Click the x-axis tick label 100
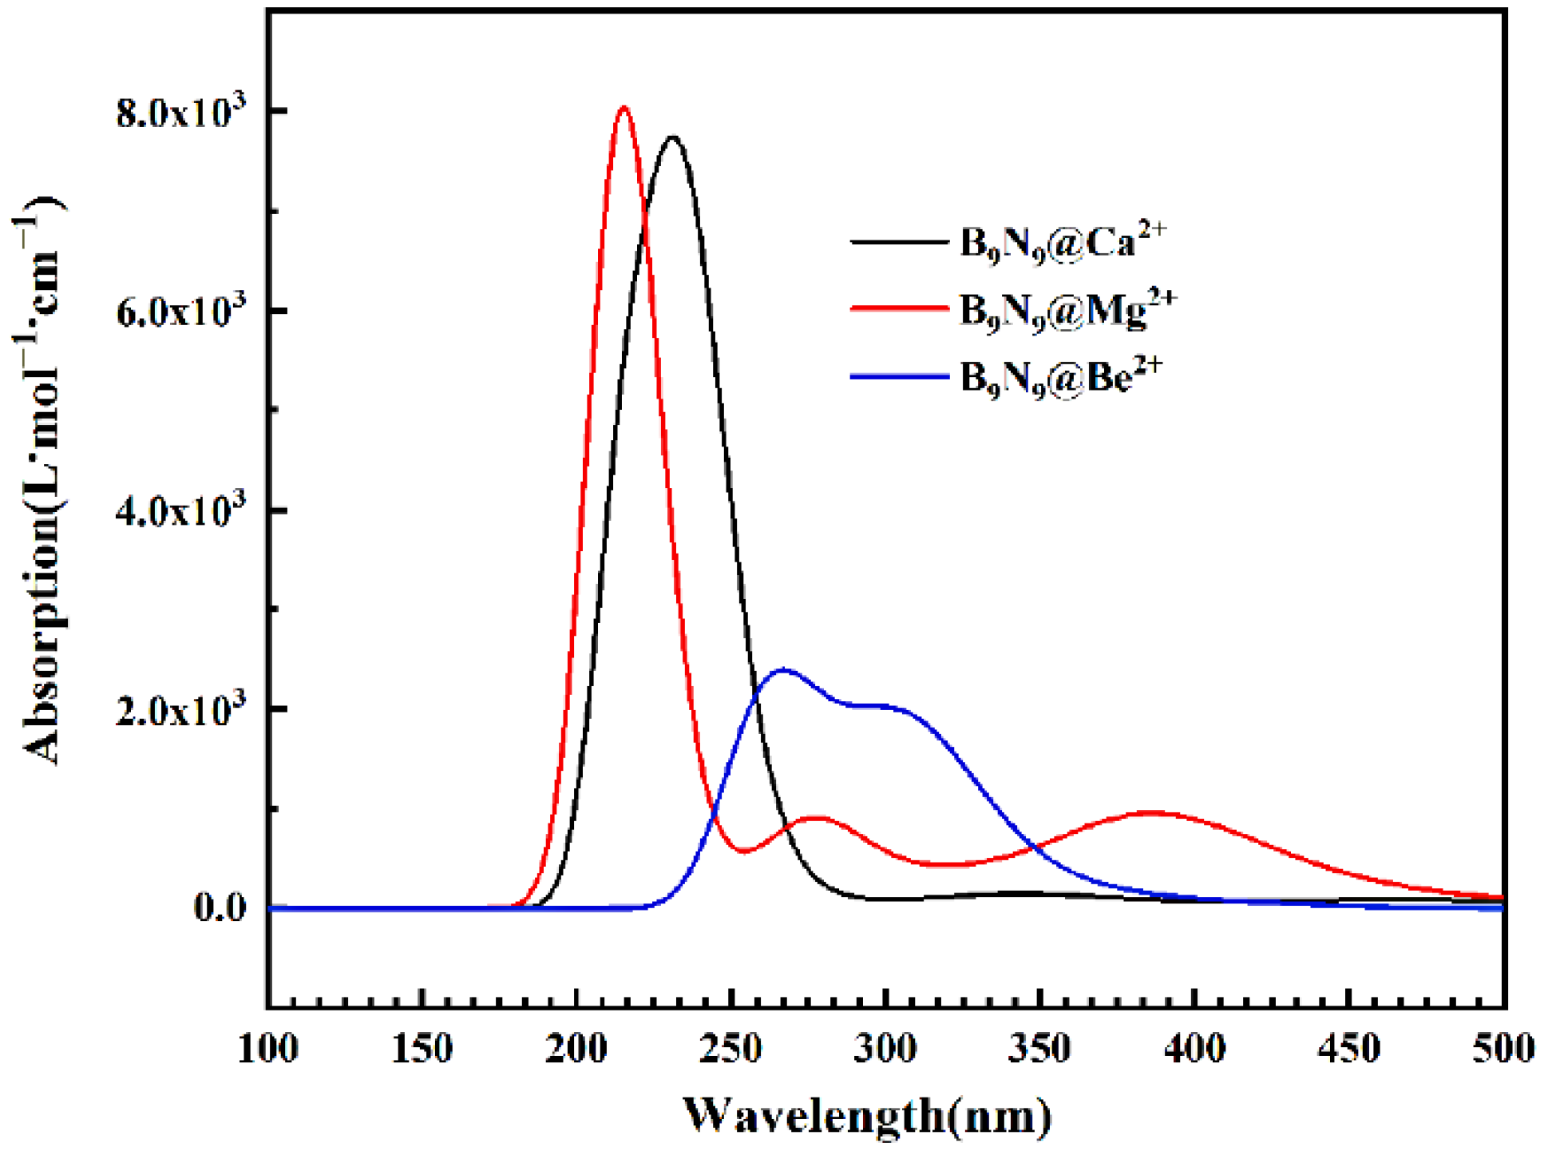tap(269, 1048)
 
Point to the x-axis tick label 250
tap(731, 1048)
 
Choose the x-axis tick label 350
tap(1039, 1048)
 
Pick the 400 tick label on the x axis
tap(1194, 1048)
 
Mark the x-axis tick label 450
tap(1348, 1048)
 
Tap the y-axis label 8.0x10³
tap(181, 112)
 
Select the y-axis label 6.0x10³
tap(181, 311)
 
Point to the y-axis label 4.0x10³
tap(181, 510)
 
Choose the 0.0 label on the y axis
tap(219, 908)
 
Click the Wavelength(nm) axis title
tap(868, 1115)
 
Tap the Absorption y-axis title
tap(40, 479)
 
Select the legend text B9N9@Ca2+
tap(1063, 241)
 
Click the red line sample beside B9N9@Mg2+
tap(899, 308)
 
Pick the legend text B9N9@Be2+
tap(1061, 375)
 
